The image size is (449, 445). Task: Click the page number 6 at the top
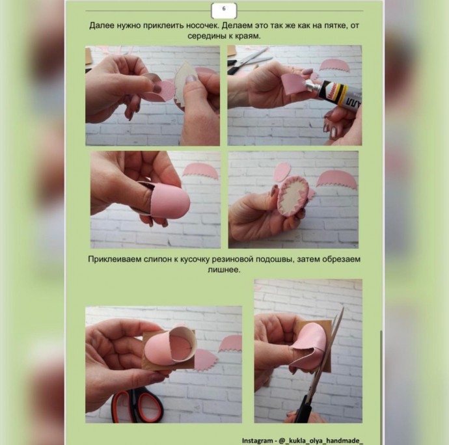224,8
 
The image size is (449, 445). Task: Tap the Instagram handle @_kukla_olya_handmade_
321,440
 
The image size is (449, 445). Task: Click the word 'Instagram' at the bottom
257,440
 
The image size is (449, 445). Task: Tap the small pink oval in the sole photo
282,172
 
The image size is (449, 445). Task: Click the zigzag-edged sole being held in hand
293,196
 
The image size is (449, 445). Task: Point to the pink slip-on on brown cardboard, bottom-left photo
170,345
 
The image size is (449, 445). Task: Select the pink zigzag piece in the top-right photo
334,66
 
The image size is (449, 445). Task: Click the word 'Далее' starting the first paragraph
100,26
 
